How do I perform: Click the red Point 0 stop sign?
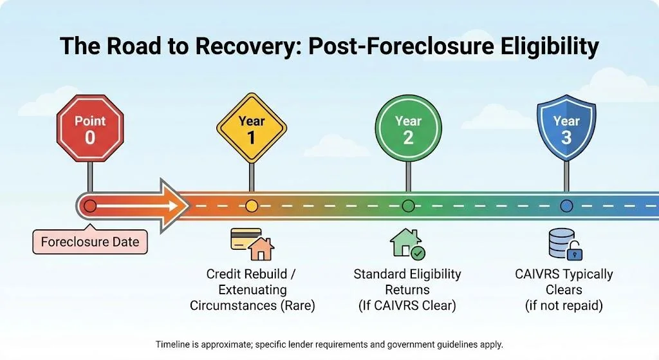pyautogui.click(x=90, y=129)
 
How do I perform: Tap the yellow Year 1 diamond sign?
pyautogui.click(x=251, y=129)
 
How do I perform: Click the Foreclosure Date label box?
pyautogui.click(x=90, y=242)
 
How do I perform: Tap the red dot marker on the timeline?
pyautogui.click(x=90, y=206)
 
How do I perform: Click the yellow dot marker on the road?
pyautogui.click(x=251, y=206)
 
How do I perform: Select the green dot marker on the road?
pyautogui.click(x=408, y=206)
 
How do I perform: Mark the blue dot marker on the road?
pyautogui.click(x=566, y=206)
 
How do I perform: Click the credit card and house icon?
pyautogui.click(x=252, y=243)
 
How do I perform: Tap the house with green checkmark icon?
pyautogui.click(x=407, y=243)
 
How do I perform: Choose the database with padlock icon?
pyautogui.click(x=564, y=243)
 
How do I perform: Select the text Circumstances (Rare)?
pyautogui.click(x=252, y=305)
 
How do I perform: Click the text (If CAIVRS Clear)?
pyautogui.click(x=407, y=305)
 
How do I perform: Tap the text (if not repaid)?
pyautogui.click(x=564, y=305)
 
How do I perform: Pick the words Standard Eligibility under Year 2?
pyautogui.click(x=407, y=274)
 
